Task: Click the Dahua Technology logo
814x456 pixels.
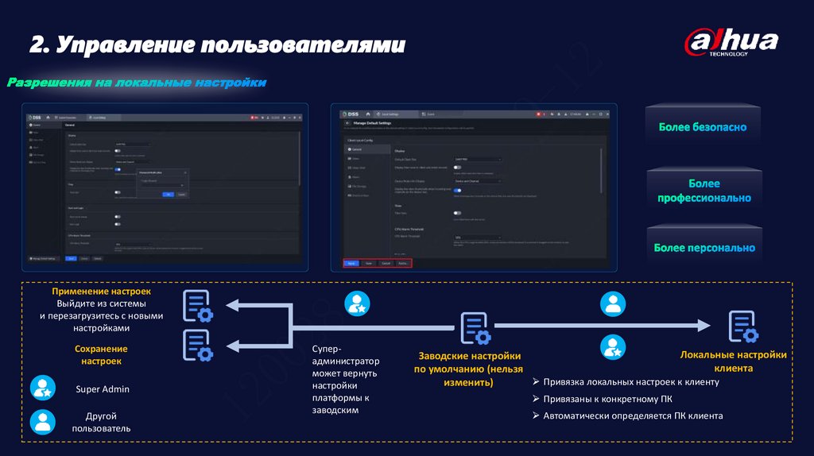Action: tap(731, 43)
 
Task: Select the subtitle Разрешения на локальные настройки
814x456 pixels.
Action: tap(137, 83)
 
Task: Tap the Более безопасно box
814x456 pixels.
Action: tap(702, 127)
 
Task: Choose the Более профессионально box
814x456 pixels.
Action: tap(704, 191)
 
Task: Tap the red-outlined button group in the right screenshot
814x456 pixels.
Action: tap(378, 263)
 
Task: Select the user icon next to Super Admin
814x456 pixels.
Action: tap(43, 388)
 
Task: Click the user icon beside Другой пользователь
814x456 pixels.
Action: tap(43, 421)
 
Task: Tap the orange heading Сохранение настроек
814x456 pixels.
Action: tap(102, 355)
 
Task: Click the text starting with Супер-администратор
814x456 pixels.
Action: tap(344, 380)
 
